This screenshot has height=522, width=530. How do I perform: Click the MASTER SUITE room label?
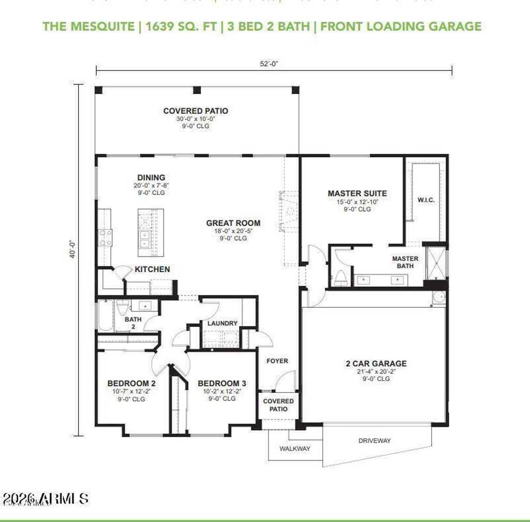(357, 193)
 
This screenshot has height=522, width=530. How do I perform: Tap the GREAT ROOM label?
(233, 223)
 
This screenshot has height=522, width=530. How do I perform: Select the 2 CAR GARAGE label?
(376, 364)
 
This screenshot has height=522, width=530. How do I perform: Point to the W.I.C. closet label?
(425, 200)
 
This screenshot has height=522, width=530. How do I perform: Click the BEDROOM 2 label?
(131, 383)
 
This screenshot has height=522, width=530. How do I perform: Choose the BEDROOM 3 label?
(222, 383)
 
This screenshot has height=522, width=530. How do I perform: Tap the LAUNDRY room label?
(223, 323)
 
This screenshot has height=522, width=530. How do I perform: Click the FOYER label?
(277, 361)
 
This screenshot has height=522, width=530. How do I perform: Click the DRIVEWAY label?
(375, 441)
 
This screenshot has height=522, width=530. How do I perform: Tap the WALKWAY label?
(295, 449)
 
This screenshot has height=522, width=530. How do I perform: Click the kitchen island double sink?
(145, 239)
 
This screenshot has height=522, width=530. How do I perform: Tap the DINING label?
(151, 177)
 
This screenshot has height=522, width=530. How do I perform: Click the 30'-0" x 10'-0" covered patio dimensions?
(195, 118)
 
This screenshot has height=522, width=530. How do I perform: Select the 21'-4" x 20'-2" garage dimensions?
(376, 371)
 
